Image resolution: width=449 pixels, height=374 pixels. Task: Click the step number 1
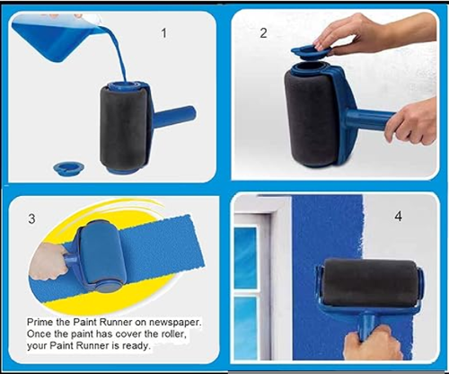pyautogui.click(x=163, y=33)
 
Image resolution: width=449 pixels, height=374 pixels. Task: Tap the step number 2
pyautogui.click(x=263, y=33)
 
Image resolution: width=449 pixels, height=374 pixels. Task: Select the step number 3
pyautogui.click(x=31, y=218)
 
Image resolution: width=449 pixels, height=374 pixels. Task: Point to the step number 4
pyautogui.click(x=398, y=216)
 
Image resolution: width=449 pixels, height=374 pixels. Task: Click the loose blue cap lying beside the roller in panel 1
pyautogui.click(x=68, y=167)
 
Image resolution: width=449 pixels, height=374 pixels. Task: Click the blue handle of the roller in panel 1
pyautogui.click(x=175, y=115)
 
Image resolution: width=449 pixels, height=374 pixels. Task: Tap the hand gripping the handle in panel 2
pyautogui.click(x=411, y=121)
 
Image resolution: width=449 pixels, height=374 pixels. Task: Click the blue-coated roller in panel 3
pyautogui.click(x=101, y=254)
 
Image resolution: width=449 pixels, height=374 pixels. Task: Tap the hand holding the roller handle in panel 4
pyautogui.click(x=373, y=343)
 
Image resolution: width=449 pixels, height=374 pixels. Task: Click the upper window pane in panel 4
pyautogui.click(x=245, y=257)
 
